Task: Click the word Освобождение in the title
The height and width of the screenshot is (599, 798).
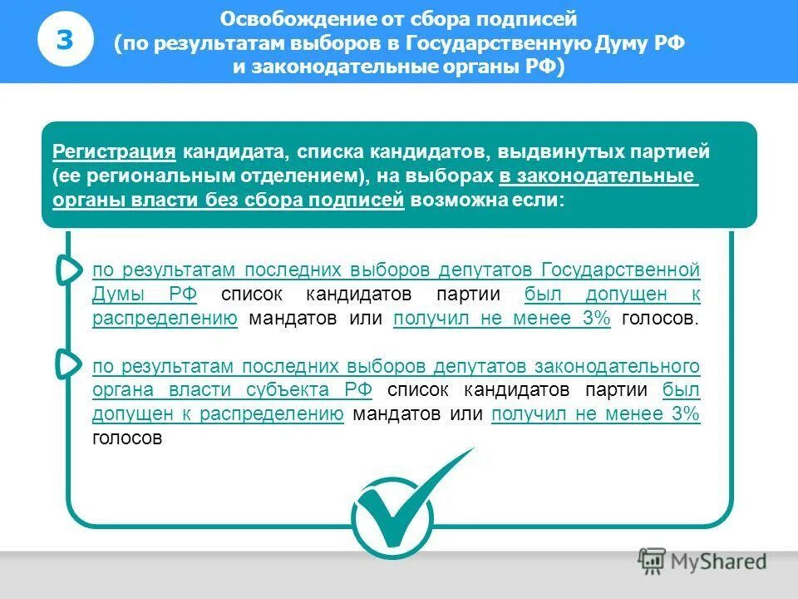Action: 278,19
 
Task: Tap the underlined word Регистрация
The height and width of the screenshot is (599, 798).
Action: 114,153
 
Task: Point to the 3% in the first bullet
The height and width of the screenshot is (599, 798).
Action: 597,319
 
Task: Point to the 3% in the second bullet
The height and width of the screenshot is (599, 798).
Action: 685,415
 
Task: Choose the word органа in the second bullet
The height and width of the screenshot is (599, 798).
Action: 120,391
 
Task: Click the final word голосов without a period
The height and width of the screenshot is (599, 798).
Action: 126,438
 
